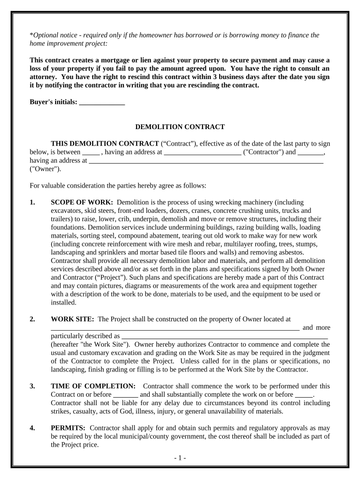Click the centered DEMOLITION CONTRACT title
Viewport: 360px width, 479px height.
click(180, 127)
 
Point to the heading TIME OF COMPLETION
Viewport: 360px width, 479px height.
click(93, 386)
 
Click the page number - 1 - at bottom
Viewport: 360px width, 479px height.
click(179, 458)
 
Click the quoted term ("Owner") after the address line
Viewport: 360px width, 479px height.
click(45, 169)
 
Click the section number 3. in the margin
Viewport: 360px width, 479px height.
click(32, 386)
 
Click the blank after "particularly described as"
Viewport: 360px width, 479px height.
click(224, 336)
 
